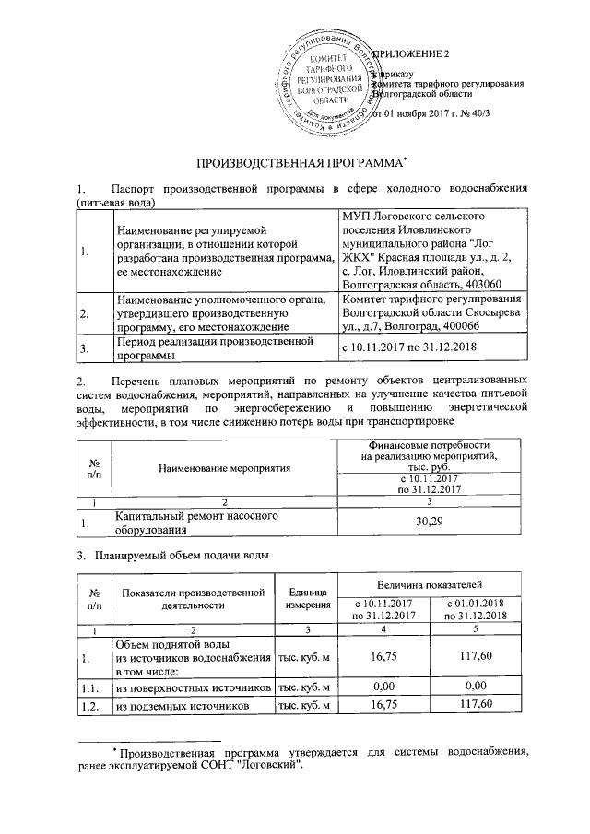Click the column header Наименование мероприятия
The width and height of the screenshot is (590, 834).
coord(224,467)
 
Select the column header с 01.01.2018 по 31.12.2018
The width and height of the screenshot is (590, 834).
coord(476,609)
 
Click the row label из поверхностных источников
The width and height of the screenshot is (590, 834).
coord(192,687)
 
